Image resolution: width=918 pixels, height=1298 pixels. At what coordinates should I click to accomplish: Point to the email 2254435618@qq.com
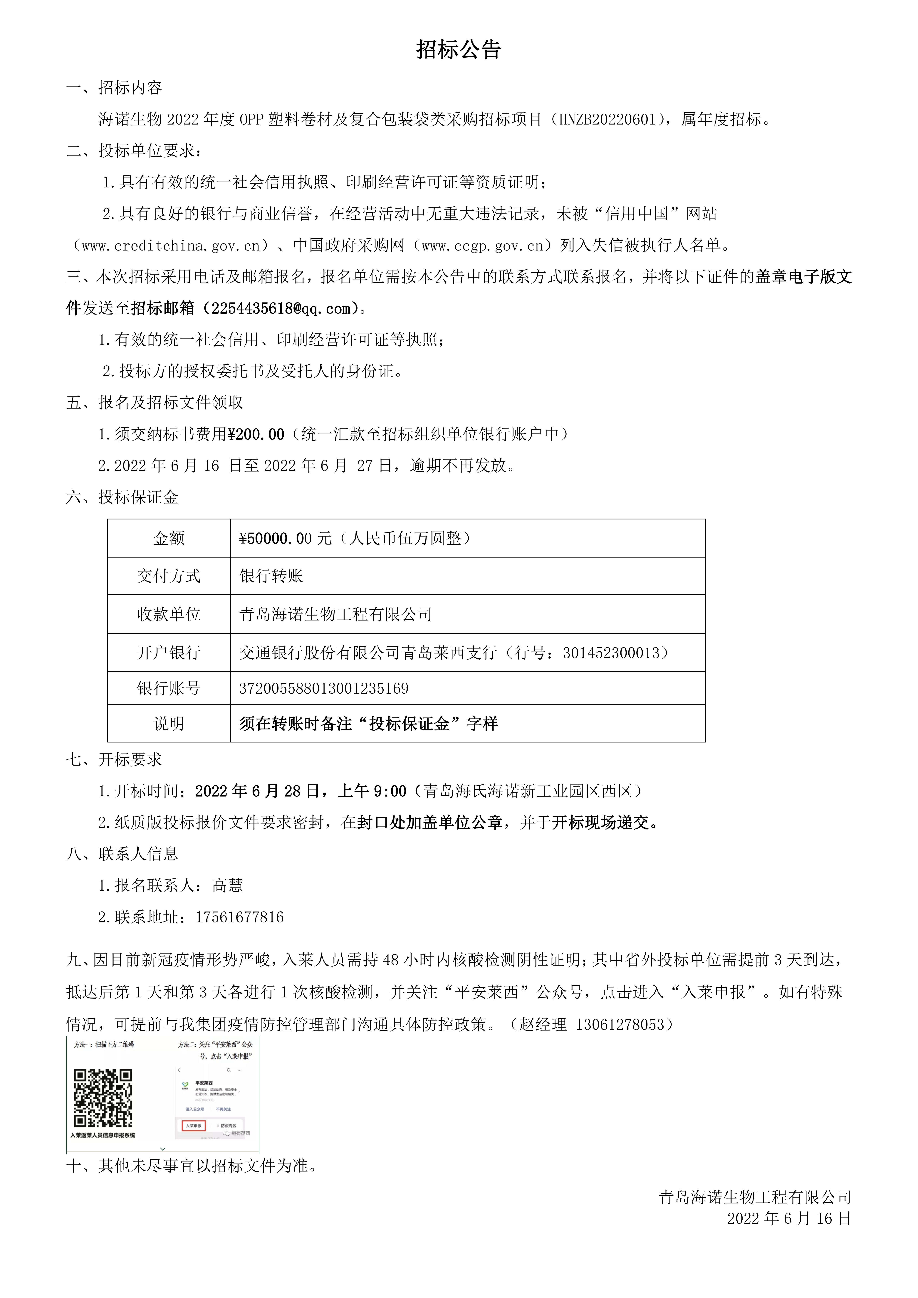[x=281, y=309]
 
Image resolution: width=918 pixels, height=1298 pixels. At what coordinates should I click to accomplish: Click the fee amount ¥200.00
[x=256, y=434]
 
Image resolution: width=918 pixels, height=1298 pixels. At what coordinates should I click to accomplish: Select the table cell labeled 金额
[x=169, y=538]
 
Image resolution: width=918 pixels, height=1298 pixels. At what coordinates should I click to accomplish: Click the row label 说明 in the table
[x=169, y=724]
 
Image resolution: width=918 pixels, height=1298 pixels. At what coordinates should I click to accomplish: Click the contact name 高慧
[x=227, y=885]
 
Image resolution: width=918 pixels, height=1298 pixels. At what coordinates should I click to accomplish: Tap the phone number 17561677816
[x=239, y=917]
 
